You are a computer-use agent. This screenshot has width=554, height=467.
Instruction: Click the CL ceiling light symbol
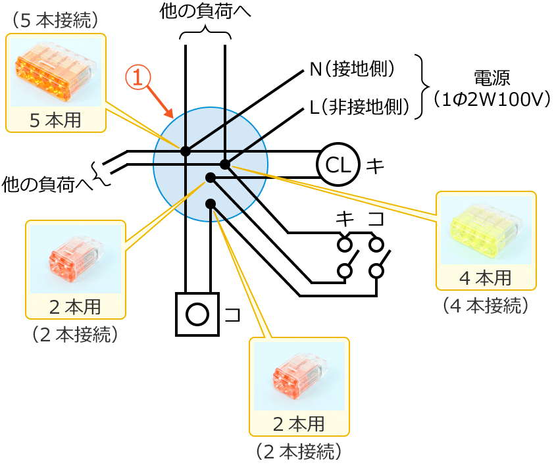(x=338, y=164)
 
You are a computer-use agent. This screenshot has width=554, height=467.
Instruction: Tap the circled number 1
(x=138, y=77)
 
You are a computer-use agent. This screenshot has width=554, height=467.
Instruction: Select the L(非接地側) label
(x=359, y=107)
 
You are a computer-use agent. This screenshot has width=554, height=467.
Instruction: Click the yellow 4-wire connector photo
(x=486, y=230)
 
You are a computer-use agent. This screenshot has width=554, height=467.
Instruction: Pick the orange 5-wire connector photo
(x=56, y=72)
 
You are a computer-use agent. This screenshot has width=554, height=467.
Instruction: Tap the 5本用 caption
(x=56, y=120)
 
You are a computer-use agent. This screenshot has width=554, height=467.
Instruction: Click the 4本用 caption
(x=486, y=278)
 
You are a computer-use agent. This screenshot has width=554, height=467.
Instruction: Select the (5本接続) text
(x=55, y=20)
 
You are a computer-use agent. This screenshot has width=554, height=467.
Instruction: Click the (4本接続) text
(x=486, y=305)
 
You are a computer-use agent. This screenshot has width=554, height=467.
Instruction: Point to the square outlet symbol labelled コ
(x=197, y=314)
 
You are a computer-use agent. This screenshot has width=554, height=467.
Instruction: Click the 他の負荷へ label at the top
(x=205, y=11)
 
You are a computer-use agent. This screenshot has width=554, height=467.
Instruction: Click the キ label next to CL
(x=375, y=165)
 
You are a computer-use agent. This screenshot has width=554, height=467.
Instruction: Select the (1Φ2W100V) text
(x=491, y=100)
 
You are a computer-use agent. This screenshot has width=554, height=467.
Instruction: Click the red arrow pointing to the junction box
(x=161, y=101)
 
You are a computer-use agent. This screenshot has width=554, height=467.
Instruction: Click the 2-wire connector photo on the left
(x=75, y=259)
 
